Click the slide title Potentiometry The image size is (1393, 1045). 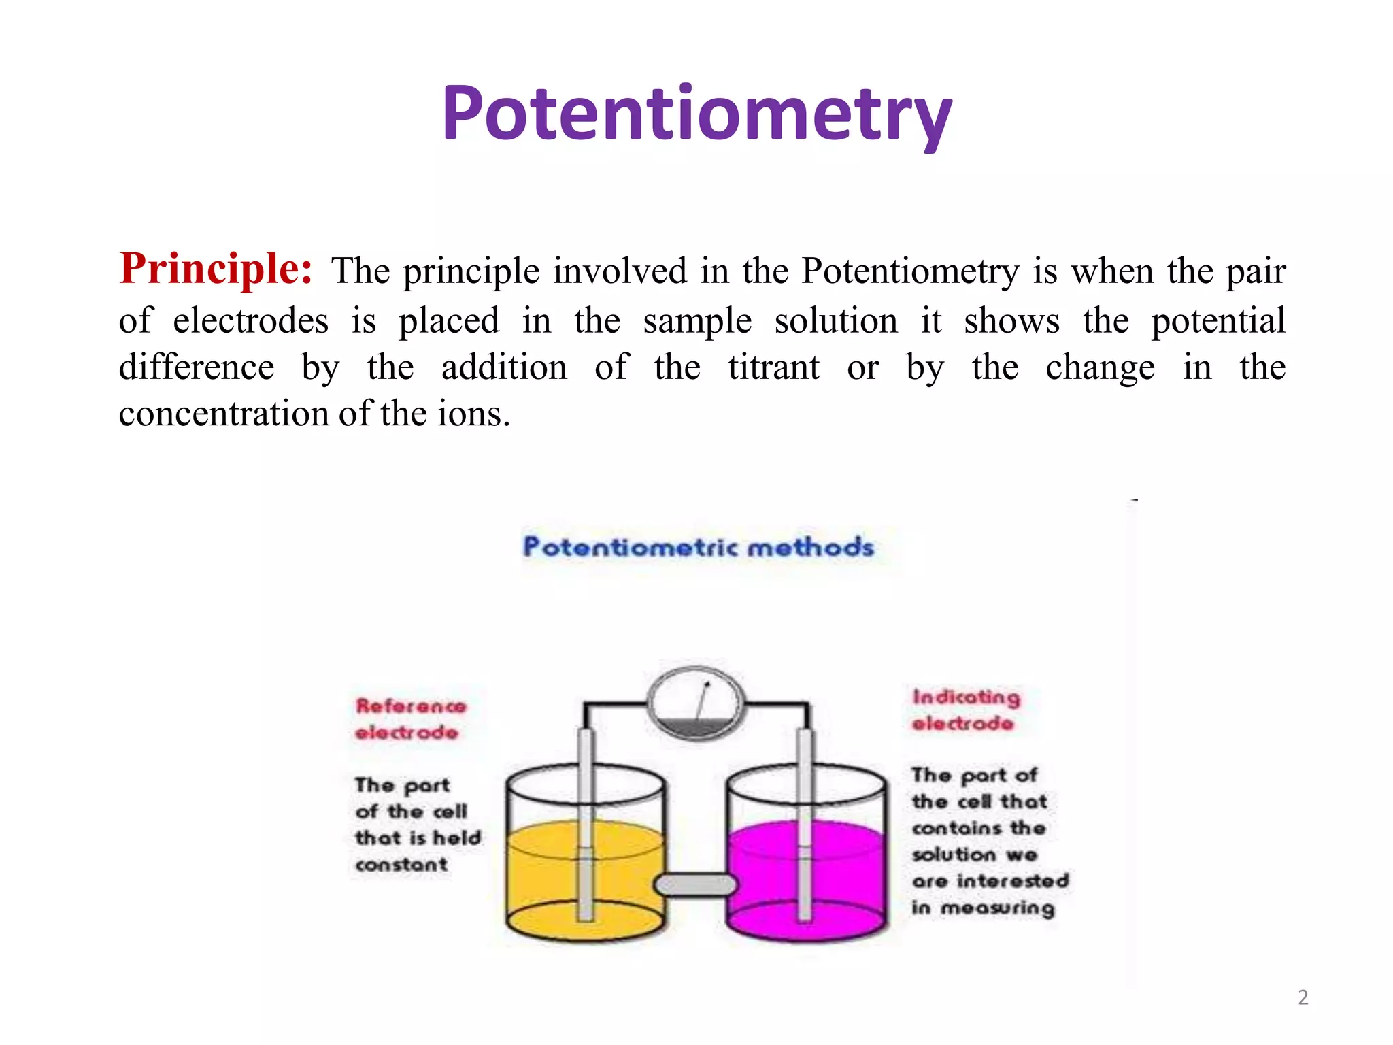click(x=696, y=114)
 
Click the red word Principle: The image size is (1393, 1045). click(x=216, y=269)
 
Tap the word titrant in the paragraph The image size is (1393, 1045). click(x=773, y=368)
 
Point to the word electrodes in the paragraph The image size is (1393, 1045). click(x=250, y=320)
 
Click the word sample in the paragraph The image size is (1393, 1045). click(x=697, y=320)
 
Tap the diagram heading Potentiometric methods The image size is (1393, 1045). click(x=698, y=547)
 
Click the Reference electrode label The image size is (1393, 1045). click(x=410, y=719)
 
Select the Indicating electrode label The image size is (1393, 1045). click(x=965, y=710)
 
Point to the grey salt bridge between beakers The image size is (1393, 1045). click(x=695, y=884)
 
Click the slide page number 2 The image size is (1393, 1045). click(x=1303, y=997)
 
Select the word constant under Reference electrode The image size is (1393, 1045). click(x=401, y=865)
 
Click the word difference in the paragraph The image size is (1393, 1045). click(x=197, y=368)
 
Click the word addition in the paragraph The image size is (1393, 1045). click(x=504, y=368)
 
